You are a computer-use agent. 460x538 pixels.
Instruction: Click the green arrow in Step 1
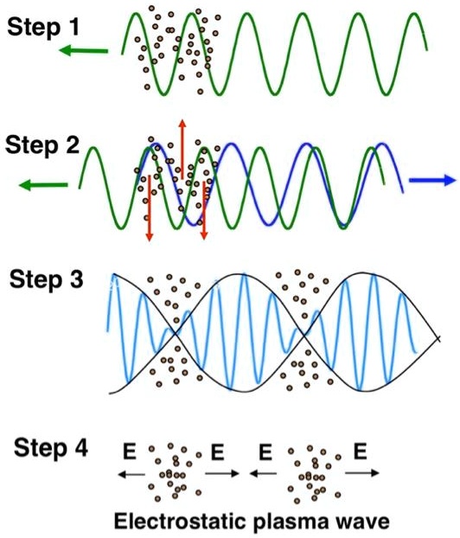coord(84,51)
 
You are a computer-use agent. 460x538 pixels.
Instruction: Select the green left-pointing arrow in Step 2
coord(42,184)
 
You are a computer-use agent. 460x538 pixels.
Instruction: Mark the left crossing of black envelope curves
coord(176,333)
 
